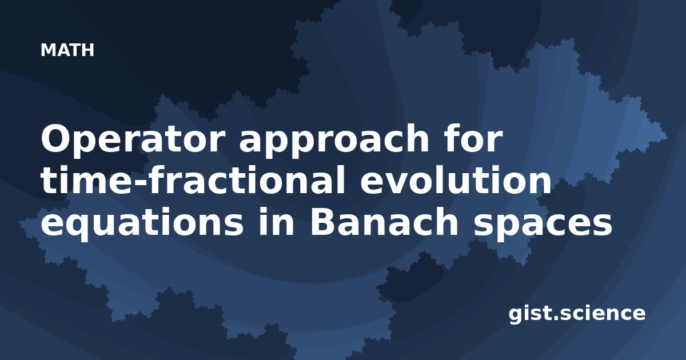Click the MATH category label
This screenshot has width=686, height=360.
[x=67, y=50]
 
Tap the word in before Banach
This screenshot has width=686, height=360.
[x=276, y=221]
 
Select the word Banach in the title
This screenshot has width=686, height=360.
[x=384, y=221]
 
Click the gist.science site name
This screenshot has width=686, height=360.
[x=577, y=314]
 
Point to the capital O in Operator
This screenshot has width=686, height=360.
[x=55, y=138]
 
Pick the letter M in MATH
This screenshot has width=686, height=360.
[x=48, y=50]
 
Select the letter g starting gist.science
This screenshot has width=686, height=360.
[x=516, y=315]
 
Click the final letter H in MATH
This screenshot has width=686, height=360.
[x=88, y=50]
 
